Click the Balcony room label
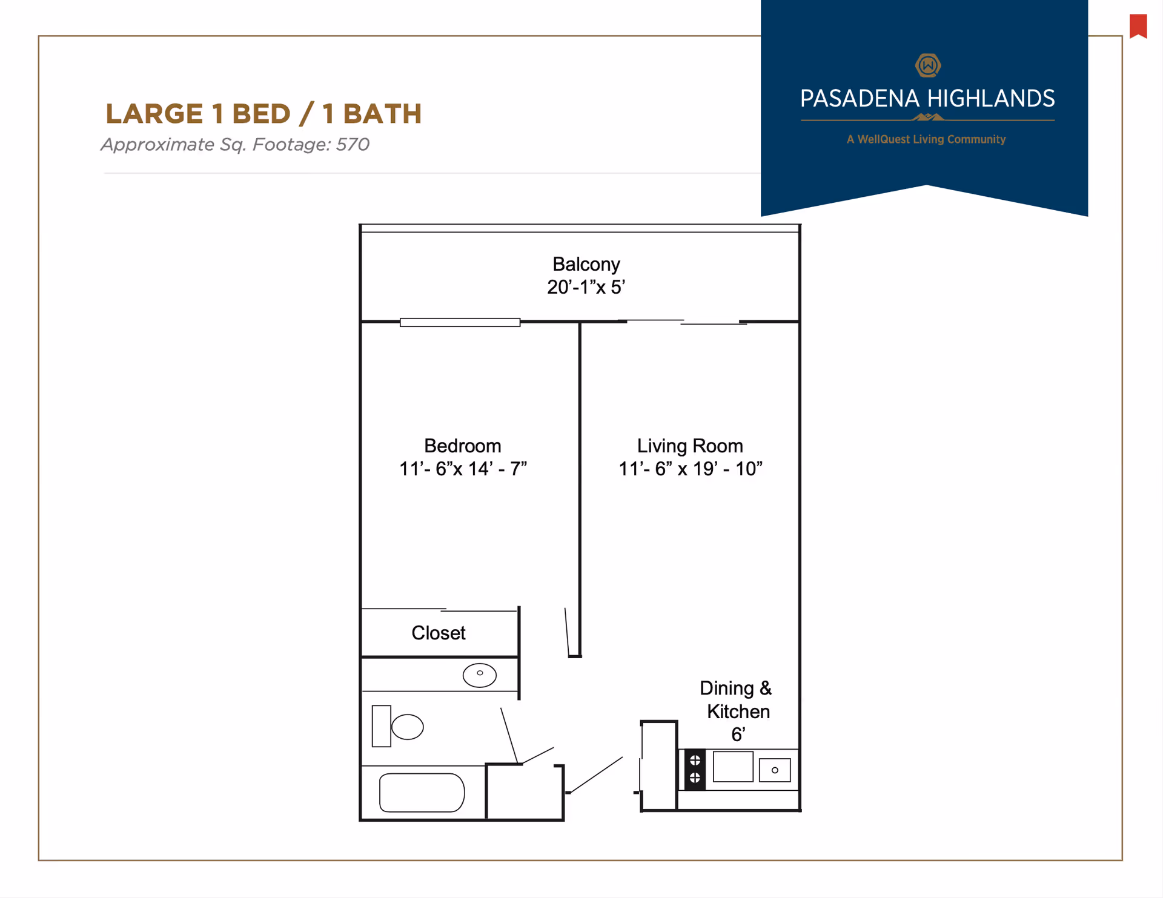coord(586,264)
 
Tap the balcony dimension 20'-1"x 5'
coord(586,287)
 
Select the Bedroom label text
coord(462,446)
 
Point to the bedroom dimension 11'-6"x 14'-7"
coord(462,469)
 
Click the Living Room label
coord(689,446)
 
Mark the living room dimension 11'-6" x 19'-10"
coord(690,469)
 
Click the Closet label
coord(438,633)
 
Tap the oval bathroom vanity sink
coord(479,675)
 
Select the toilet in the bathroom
coord(400,726)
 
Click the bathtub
coord(422,792)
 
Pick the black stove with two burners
coord(695,769)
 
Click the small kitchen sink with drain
coord(774,770)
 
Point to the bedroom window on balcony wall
coord(460,322)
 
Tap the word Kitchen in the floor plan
coord(738,711)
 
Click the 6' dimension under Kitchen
coord(737,735)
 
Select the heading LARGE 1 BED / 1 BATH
coord(263,114)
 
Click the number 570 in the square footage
coord(353,145)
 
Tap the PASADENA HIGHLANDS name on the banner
coord(927,99)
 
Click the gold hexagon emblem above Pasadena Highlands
coord(927,65)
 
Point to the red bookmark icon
coord(1138,26)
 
